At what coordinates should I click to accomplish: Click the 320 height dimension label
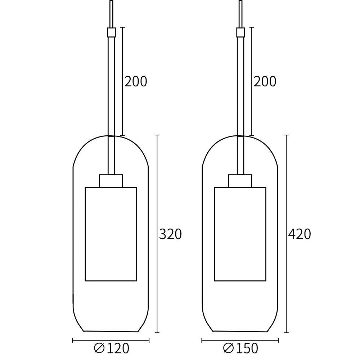[170, 234]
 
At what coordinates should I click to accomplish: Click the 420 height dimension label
[299, 234]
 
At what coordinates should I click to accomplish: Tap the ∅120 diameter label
[111, 348]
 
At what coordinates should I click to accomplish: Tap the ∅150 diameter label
[240, 348]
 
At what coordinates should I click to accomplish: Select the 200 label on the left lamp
[136, 82]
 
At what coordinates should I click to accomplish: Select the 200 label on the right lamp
[265, 82]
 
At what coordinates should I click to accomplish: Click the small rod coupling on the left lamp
[111, 33]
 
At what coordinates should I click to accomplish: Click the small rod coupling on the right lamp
[240, 33]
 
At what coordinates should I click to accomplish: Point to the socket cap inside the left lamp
[111, 181]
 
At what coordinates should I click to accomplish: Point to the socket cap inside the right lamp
[240, 181]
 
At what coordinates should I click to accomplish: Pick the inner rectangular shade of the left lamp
[111, 234]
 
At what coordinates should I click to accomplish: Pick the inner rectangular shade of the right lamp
[240, 234]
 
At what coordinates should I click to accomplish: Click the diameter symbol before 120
[99, 348]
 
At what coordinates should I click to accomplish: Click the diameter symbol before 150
[228, 348]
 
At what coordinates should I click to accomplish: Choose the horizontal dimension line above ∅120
[111, 340]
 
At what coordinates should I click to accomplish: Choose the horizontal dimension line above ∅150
[240, 340]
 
